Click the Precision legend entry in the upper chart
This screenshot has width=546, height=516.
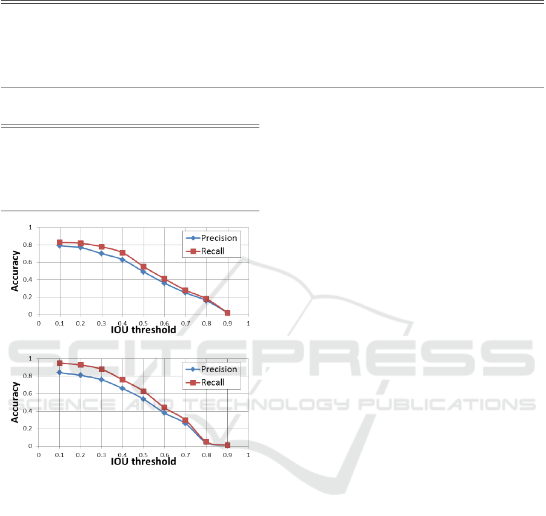(212, 238)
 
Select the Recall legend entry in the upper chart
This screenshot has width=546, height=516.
(205, 251)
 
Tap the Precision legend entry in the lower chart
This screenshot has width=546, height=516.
(212, 369)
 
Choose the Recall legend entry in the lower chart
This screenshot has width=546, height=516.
(205, 382)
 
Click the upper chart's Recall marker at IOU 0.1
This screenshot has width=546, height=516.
(59, 242)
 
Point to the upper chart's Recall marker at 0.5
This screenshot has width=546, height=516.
(144, 267)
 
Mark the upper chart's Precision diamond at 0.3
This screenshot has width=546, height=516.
(102, 253)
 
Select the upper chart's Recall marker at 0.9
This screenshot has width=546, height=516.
(227, 313)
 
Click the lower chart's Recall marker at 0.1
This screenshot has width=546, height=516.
(59, 363)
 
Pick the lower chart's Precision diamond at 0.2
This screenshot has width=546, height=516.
(81, 375)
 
